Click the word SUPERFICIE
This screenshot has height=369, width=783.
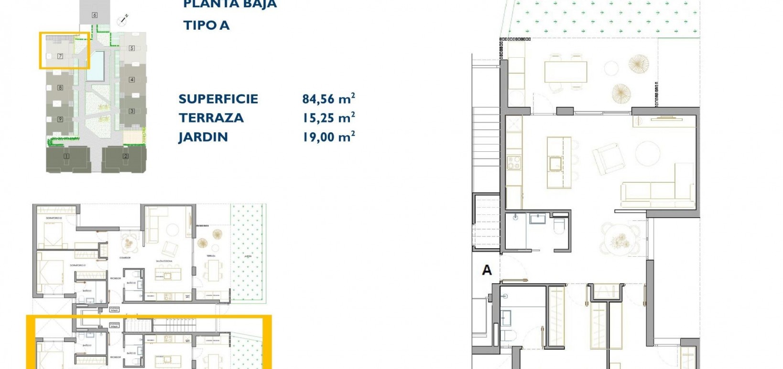click(x=218, y=99)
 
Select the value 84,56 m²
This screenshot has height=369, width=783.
click(x=328, y=99)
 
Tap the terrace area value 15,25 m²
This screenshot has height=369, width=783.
click(x=328, y=118)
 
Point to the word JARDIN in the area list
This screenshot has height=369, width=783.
click(x=203, y=137)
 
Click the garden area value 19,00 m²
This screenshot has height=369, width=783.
click(x=328, y=137)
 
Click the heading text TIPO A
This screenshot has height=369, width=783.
click(x=206, y=25)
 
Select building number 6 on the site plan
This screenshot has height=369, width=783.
click(x=95, y=15)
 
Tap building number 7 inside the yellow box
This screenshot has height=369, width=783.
click(x=60, y=56)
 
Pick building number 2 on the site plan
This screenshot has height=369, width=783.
click(x=126, y=156)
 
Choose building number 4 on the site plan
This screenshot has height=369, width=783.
click(x=132, y=80)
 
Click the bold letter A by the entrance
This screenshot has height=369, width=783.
click(x=487, y=270)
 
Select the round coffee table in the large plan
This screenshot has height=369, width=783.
click(x=648, y=154)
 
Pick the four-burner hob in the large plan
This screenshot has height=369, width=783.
click(x=513, y=163)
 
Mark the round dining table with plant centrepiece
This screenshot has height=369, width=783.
click(x=620, y=240)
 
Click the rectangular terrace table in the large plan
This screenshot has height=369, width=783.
click(x=565, y=72)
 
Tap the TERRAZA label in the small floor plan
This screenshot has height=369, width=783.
click(x=211, y=256)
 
